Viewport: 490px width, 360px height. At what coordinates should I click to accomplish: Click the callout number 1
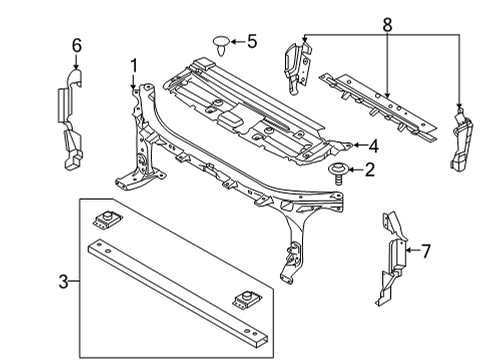[x=132, y=66]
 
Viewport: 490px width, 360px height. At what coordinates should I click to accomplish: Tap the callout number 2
[x=369, y=170]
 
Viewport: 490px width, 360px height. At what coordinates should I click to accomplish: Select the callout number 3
[x=65, y=282]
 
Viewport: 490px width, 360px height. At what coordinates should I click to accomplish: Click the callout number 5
[x=252, y=41]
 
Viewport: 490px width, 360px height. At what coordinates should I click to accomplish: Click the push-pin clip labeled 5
[x=220, y=43]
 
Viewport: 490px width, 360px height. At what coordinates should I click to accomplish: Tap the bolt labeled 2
[x=338, y=174]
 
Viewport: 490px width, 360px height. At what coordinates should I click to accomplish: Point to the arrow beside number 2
[x=355, y=171]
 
